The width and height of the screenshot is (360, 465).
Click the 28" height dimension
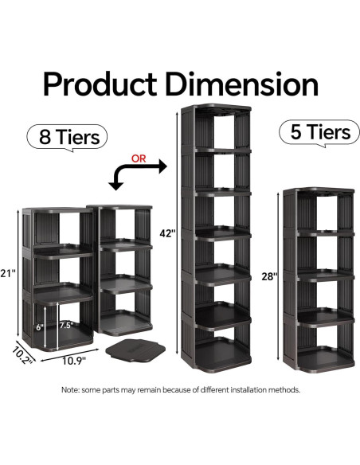click(x=269, y=276)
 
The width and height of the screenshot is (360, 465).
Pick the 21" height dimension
click(x=10, y=275)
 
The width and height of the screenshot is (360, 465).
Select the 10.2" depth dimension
click(x=22, y=353)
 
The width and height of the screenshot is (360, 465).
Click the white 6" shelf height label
click(x=40, y=326)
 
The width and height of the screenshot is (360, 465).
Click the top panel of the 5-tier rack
click(x=318, y=192)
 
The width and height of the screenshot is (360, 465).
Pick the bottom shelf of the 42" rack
click(x=216, y=356)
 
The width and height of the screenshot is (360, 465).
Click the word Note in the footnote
click(x=72, y=390)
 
